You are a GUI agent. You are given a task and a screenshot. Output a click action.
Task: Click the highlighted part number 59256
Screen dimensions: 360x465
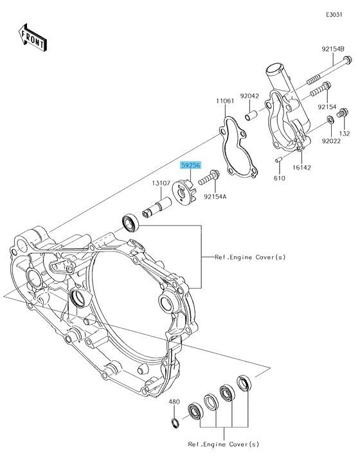coord(191,165)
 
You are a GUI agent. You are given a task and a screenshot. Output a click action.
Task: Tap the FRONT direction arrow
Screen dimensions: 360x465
coord(33,37)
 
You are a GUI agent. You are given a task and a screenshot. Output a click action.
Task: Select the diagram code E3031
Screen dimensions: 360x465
coord(334,15)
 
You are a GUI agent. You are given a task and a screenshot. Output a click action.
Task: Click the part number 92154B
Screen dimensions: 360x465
coord(333,49)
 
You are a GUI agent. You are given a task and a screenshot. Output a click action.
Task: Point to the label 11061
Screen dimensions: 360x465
coord(225,101)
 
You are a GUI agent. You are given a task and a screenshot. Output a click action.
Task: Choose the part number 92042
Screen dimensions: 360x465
coord(249,96)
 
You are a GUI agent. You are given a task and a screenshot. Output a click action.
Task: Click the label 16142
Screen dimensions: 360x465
coord(301,168)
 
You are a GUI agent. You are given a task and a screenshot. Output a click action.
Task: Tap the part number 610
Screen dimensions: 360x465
coord(279,179)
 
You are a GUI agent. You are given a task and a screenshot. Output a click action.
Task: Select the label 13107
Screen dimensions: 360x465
coord(161,183)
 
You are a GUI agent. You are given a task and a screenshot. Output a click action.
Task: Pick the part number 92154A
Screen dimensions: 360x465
coord(215,197)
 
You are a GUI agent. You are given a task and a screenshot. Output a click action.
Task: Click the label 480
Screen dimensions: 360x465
coord(174,402)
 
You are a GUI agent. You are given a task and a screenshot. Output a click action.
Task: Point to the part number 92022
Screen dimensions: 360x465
coord(331,141)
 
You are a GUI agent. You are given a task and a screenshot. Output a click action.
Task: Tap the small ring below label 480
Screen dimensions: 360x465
coord(175,423)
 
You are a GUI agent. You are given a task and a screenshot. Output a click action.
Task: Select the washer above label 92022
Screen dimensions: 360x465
coord(330,119)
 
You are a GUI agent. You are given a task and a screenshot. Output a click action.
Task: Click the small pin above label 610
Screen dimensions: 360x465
coord(278,160)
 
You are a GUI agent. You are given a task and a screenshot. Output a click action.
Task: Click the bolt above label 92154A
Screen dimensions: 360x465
coord(209,177)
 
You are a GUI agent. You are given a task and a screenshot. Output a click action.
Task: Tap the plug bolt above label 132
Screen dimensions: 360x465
coord(342,113)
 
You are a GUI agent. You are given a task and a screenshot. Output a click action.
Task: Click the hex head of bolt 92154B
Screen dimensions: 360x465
coord(347,60)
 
